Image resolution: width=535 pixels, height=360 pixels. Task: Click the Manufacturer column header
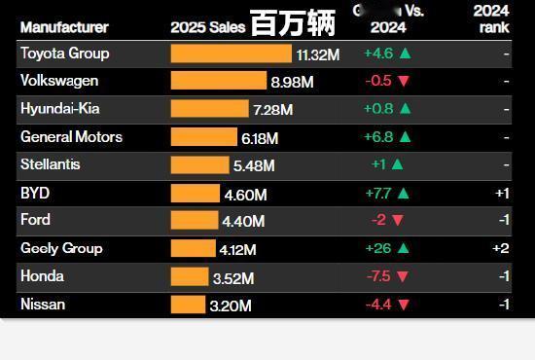coord(64,27)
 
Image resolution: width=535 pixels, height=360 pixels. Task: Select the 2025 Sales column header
coord(207,27)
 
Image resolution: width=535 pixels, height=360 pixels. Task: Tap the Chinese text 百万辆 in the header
coord(292,23)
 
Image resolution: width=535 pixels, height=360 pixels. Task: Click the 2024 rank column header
coord(492,18)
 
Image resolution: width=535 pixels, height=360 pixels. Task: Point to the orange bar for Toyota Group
coord(232,54)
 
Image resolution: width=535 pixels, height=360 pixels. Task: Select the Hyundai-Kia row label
coord(60,109)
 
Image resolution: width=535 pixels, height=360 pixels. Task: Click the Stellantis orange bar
coord(198,165)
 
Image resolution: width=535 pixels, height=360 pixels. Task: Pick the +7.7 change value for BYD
coord(377,194)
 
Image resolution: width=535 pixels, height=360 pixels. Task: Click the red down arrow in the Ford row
coord(397,221)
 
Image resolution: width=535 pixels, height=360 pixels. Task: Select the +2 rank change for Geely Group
coord(500,249)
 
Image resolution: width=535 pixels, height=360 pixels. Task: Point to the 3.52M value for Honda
coord(232,278)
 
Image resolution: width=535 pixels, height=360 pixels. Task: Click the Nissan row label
coord(43,305)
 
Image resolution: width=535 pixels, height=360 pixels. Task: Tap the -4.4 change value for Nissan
coord(377,306)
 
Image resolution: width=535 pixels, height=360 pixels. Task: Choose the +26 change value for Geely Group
coord(377,249)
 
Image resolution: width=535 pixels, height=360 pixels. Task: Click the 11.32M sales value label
coord(318,55)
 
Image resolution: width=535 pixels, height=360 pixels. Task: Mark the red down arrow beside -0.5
coord(404,82)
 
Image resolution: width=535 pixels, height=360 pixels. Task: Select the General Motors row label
coord(71,137)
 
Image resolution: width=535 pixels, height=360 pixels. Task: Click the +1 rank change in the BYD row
coord(501,194)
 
